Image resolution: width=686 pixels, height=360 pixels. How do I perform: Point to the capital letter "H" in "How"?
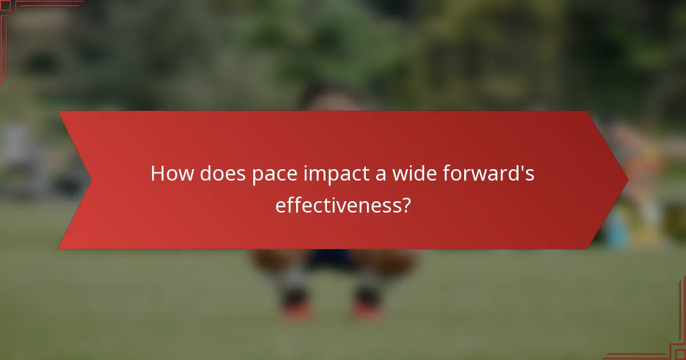point(158,174)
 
